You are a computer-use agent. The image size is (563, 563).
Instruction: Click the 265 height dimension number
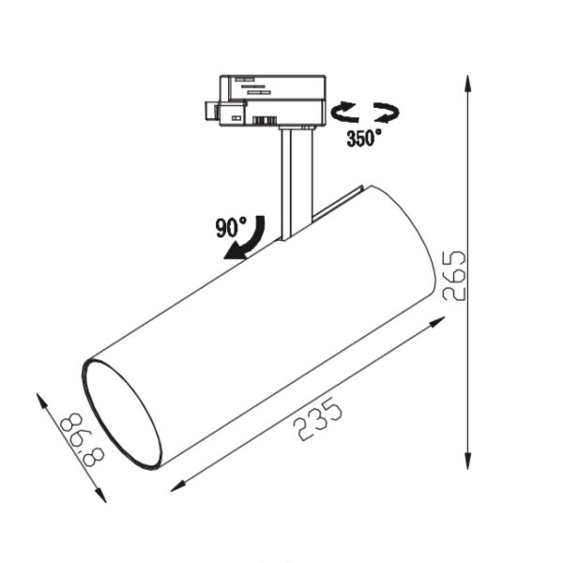tap(454, 275)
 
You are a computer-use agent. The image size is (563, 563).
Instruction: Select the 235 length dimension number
tap(317, 418)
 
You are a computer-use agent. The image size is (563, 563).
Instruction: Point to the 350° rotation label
tap(364, 138)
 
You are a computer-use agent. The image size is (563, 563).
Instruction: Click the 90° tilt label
tap(231, 227)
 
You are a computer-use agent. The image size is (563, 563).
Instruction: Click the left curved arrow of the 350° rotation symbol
tap(344, 112)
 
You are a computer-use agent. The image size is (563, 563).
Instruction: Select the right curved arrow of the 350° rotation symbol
tap(387, 112)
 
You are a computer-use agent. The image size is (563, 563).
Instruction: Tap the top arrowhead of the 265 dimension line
tap(467, 84)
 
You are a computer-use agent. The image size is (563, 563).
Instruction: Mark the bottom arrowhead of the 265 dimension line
tap(467, 461)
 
